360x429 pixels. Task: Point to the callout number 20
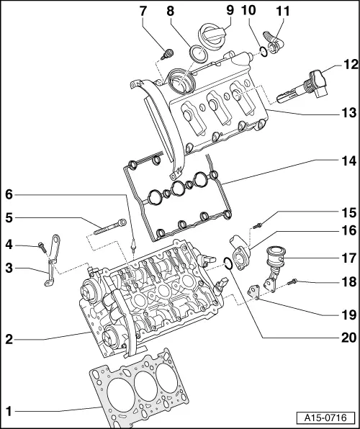click(x=349, y=336)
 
